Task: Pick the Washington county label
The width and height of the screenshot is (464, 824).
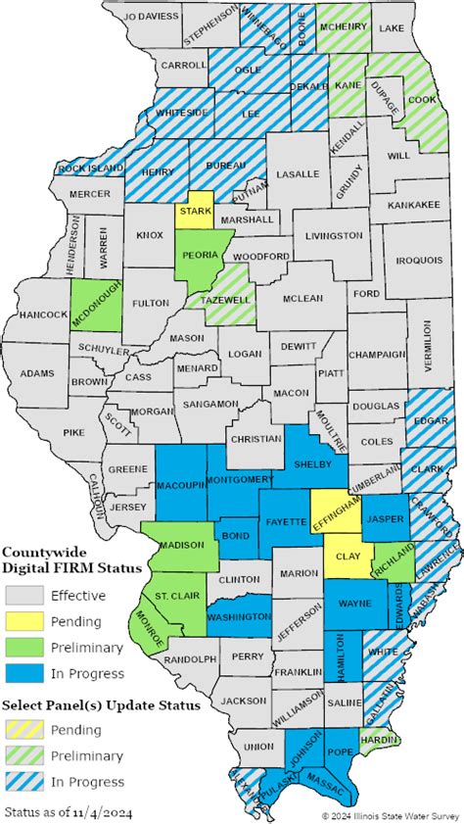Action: tap(239, 616)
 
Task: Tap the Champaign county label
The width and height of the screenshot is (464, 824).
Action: tap(377, 354)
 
